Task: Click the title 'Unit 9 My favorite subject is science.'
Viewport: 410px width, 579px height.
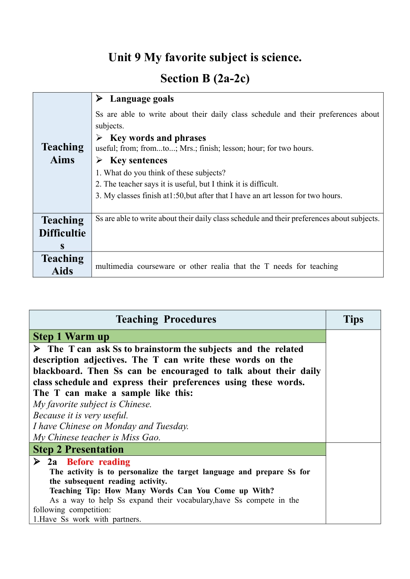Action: coord(205,57)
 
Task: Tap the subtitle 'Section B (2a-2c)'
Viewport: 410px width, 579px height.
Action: coord(205,78)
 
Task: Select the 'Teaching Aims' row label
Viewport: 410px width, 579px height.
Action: coord(63,153)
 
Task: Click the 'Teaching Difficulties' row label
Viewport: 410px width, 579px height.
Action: coord(63,233)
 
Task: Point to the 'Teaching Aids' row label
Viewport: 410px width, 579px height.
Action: coord(63,265)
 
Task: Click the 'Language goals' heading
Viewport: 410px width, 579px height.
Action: coord(142,99)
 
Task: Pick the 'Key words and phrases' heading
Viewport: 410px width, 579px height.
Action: coord(158,138)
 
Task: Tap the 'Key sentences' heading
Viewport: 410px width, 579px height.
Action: coord(139,160)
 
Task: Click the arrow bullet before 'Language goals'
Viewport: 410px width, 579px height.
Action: coord(99,99)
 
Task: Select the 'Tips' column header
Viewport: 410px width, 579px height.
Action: coord(353,320)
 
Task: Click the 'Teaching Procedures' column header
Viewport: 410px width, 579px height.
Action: coord(166,320)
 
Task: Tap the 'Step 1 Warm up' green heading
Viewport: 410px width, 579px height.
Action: coord(71,336)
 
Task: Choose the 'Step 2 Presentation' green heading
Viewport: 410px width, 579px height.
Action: coord(78,449)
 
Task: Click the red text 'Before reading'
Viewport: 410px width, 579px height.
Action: coord(98,462)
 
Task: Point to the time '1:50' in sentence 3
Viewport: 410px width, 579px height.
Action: coord(177,196)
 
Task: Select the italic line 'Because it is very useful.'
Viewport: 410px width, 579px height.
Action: coord(81,415)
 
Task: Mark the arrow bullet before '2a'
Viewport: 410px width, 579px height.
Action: coord(37,462)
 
